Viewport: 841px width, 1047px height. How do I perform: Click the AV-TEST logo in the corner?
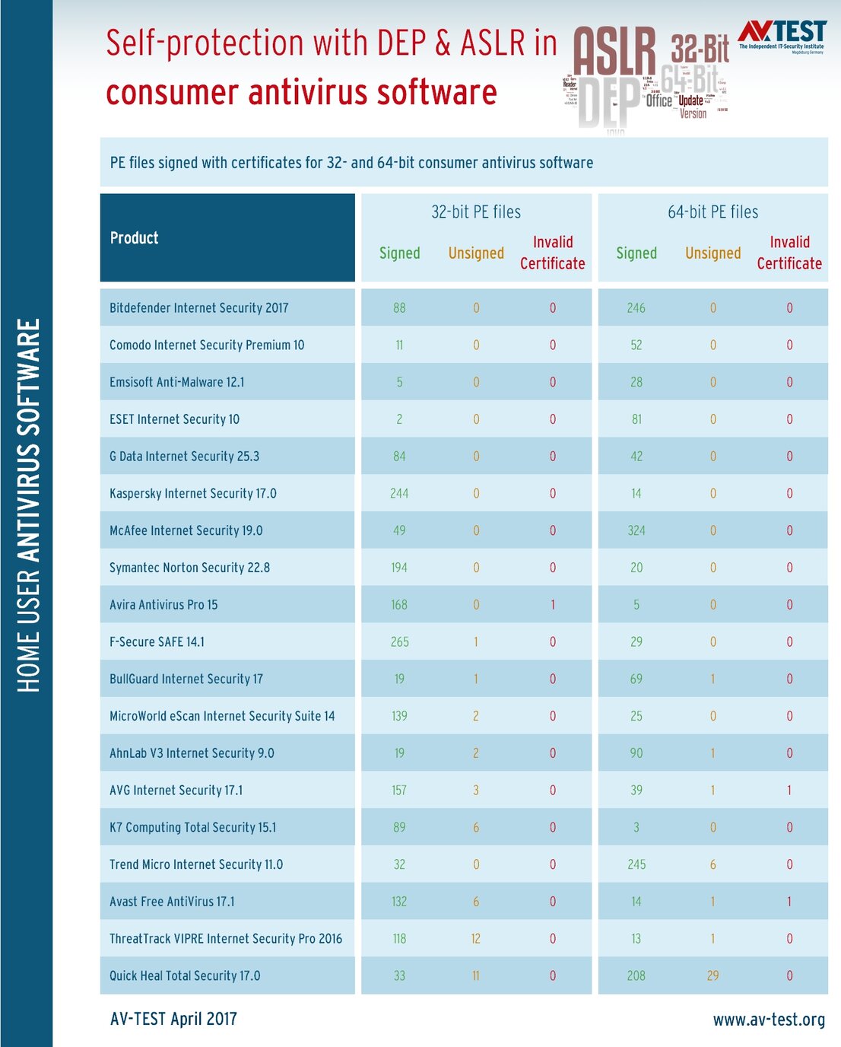(782, 35)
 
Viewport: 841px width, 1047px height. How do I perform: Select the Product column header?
(135, 238)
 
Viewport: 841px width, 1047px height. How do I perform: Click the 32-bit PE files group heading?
(476, 212)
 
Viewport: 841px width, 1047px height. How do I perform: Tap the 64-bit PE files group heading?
(712, 212)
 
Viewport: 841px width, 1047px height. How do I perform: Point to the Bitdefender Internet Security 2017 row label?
(199, 308)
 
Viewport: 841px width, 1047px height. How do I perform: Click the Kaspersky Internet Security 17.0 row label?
(193, 494)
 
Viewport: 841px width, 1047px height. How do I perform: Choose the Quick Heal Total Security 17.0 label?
(185, 976)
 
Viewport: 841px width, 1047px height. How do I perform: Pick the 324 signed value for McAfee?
(636, 531)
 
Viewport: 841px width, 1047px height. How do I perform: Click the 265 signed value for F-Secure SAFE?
(399, 642)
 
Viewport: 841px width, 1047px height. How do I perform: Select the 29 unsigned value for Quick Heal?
(712, 976)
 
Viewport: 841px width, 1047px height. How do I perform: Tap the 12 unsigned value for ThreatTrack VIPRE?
(476, 939)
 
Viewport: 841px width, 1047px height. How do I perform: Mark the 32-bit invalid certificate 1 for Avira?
(553, 605)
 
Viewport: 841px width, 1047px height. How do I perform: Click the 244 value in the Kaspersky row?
(399, 494)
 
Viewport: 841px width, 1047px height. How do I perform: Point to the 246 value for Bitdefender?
(636, 308)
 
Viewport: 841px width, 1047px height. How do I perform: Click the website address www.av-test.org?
(769, 1020)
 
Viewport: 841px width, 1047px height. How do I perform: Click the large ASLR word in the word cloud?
(614, 52)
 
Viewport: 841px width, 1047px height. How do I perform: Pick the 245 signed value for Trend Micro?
(636, 865)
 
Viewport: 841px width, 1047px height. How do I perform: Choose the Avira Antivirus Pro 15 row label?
(163, 605)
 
